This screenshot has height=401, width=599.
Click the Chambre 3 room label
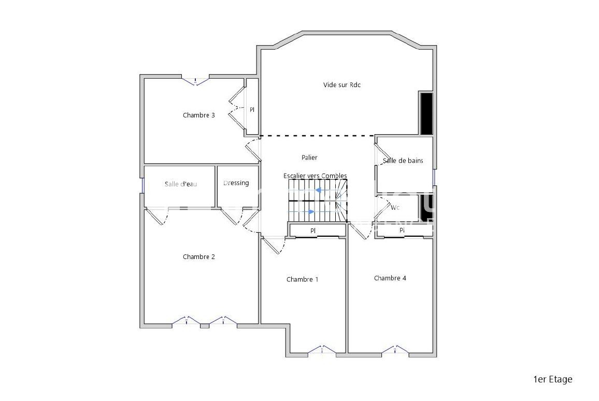coord(198,115)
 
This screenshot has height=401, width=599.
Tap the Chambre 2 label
coord(198,256)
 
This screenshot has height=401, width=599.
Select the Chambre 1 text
coord(302,279)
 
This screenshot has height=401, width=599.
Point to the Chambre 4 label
coord(390,278)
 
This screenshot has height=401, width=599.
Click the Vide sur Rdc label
coord(342,85)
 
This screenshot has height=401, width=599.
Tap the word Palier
coord(309,157)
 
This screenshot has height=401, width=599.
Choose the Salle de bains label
coord(403,161)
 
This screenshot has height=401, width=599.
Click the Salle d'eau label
coord(181,184)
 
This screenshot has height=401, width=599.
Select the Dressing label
coord(236,183)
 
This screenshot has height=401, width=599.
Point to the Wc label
coord(395,207)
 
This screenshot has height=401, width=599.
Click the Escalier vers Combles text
coord(315,176)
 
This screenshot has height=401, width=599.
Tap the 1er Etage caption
coord(553,379)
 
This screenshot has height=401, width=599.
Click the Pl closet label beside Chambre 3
coord(252,110)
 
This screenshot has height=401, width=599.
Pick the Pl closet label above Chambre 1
coord(313,231)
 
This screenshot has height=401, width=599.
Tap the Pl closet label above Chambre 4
coord(402,230)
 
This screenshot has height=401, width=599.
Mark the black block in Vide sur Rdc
coord(426,113)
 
